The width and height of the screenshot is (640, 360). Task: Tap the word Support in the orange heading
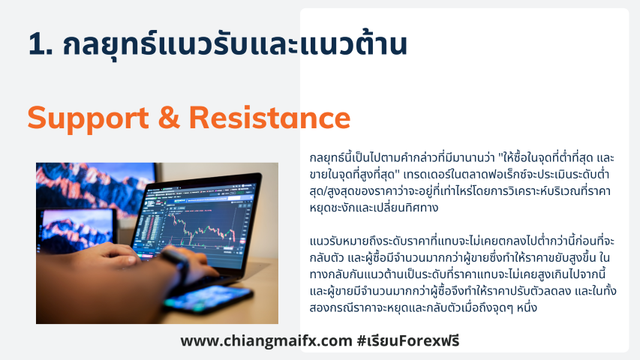pos(89,118)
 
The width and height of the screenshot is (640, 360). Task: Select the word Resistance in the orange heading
pos(270,118)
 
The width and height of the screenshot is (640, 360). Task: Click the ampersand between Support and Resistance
pos(169,118)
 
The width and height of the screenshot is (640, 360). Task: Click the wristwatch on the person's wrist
pos(176,262)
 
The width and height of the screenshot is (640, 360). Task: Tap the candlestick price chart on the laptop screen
pos(200,228)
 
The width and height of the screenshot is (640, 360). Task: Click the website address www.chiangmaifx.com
pos(266,340)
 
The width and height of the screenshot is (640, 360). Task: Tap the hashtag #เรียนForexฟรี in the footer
pos(408,340)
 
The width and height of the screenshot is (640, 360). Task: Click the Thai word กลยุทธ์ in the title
pos(110,45)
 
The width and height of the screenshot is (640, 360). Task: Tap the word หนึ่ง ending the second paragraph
pos(527,307)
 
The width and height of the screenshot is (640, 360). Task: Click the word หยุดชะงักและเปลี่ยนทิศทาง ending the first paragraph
pos(374,207)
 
